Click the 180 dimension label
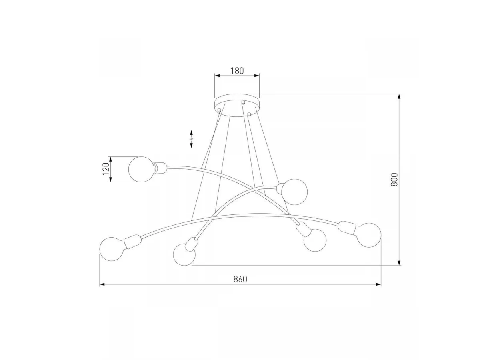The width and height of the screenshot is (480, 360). tap(237, 71)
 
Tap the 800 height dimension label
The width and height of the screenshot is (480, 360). tap(394, 180)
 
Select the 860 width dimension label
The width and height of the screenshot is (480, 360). tap(240, 279)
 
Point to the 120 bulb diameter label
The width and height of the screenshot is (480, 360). tap(106, 169)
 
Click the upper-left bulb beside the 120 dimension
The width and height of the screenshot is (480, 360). tap(141, 169)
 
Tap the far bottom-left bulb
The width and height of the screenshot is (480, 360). tap(112, 249)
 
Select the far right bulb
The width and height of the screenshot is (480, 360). tap(369, 235)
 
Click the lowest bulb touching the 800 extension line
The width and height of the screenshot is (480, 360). tap(184, 254)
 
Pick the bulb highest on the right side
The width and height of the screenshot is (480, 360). tap(294, 192)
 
